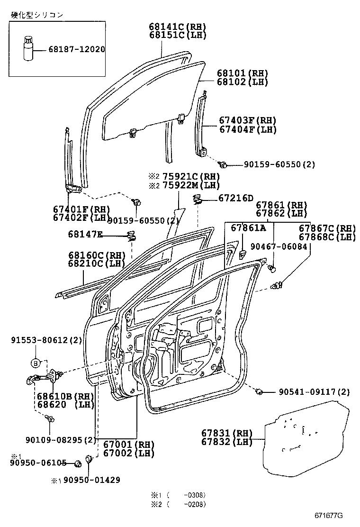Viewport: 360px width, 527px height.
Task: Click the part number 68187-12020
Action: coord(76,49)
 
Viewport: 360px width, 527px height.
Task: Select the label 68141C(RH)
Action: coord(178,27)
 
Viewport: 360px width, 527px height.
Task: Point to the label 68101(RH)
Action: coord(243,73)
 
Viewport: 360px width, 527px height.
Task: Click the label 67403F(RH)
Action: coord(247,120)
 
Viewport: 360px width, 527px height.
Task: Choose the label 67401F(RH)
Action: coord(81,209)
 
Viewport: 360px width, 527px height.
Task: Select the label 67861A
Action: coord(249,228)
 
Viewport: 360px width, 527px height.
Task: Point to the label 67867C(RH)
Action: coord(327,228)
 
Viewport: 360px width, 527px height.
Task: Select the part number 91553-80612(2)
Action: coord(46,340)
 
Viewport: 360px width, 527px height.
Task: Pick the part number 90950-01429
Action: coord(91,480)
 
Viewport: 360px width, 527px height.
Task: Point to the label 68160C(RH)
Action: coord(96,255)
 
